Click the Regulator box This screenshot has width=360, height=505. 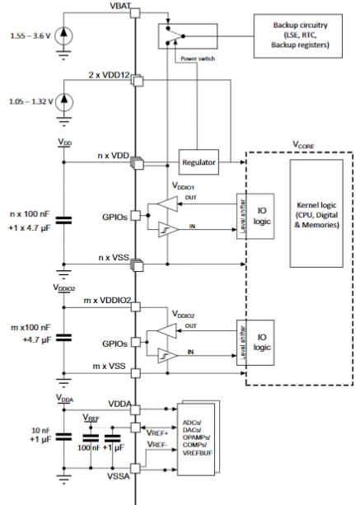(x=199, y=162)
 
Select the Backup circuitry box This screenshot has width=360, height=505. (x=298, y=35)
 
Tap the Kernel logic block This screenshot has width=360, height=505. (x=316, y=213)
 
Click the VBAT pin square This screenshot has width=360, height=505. (x=135, y=13)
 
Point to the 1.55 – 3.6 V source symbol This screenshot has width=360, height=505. (x=63, y=35)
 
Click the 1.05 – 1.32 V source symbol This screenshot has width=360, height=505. (x=64, y=102)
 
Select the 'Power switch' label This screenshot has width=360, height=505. (x=198, y=58)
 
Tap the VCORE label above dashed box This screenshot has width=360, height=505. (x=303, y=145)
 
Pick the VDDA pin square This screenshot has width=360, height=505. (x=136, y=409)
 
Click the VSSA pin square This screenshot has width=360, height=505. (x=135, y=468)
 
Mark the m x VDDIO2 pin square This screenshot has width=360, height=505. (x=136, y=306)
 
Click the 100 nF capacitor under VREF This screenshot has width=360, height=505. (x=91, y=438)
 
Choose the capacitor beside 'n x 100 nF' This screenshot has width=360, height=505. (x=63, y=220)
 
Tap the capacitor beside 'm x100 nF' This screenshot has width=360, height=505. (x=63, y=338)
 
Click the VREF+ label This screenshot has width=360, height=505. (x=157, y=433)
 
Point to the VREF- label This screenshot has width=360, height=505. (x=157, y=445)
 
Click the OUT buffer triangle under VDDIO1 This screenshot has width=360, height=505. (x=167, y=203)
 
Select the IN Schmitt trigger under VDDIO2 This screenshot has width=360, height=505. (x=168, y=356)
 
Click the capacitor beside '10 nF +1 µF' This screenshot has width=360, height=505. (x=63, y=437)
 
